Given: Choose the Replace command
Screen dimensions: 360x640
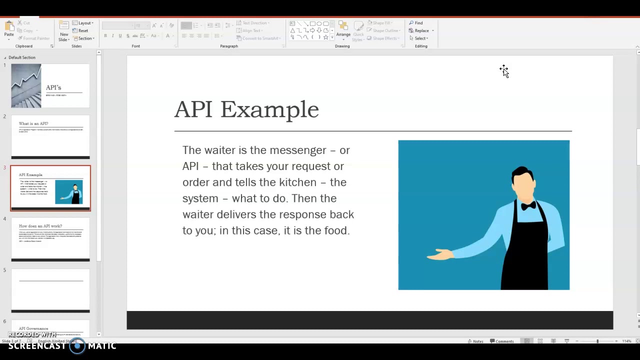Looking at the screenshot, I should [421, 30].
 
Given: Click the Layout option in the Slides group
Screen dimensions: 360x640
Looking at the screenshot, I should [84, 23].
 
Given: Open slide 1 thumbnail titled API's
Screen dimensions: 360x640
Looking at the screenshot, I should [50, 85].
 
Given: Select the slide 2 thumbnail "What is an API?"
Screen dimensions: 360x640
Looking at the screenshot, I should [50, 136].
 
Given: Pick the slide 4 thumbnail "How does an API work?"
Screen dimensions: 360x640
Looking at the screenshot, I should [50, 239].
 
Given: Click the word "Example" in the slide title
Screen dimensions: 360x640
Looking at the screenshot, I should [269, 109].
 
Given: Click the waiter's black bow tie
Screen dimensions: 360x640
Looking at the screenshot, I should [528, 205].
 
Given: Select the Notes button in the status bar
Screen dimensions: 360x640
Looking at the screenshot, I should [475, 341].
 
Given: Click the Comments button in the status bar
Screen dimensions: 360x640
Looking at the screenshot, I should [502, 341].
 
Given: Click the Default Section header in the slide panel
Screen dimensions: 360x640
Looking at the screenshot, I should [22, 57].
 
